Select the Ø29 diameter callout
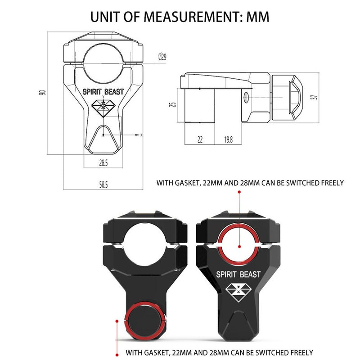point(163,57)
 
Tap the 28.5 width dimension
point(103,163)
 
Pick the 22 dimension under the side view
point(200,140)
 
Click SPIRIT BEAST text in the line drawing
point(103,92)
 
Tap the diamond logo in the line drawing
point(103,106)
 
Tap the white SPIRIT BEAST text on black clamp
point(238,274)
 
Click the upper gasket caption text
point(250,183)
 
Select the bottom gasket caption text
point(219,352)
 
